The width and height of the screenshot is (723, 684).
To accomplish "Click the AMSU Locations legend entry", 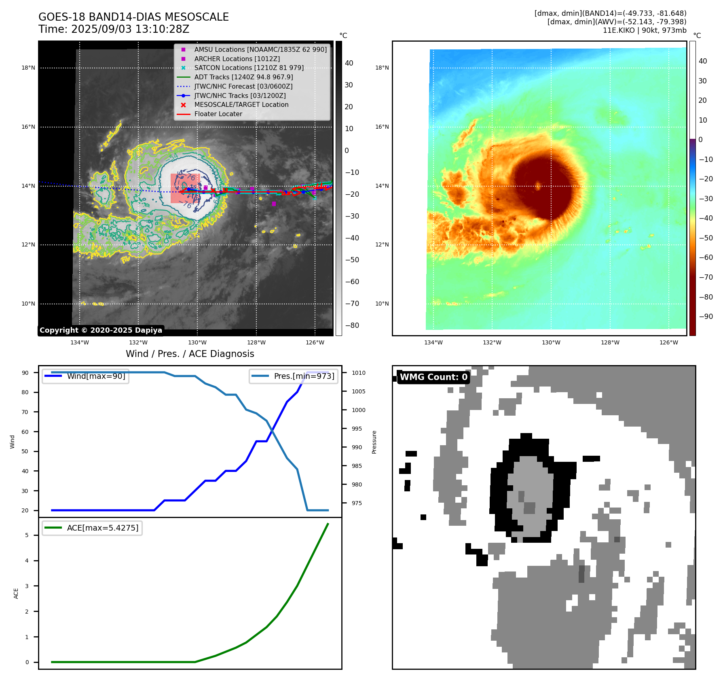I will pyautogui.click(x=260, y=49).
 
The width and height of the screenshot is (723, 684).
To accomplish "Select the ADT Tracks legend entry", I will pyautogui.click(x=243, y=77).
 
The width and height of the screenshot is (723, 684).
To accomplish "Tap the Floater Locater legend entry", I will pyautogui.click(x=218, y=114).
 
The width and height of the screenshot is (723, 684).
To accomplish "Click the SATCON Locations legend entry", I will pyautogui.click(x=249, y=68).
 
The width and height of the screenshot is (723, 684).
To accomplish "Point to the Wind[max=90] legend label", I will pyautogui.click(x=96, y=376).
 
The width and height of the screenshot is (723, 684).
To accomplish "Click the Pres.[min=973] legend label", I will pyautogui.click(x=304, y=376).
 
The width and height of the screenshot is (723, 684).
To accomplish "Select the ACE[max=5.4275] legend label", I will pyautogui.click(x=102, y=528).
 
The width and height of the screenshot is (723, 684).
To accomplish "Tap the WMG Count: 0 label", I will pyautogui.click(x=433, y=377).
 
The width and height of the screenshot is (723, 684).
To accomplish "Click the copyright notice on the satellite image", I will pyautogui.click(x=101, y=330).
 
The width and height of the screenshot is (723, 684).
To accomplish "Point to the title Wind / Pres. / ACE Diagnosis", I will pyautogui.click(x=190, y=354).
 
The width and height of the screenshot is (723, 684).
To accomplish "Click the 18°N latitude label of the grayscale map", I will pyautogui.click(x=28, y=68).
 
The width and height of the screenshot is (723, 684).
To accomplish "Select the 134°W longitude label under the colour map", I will pyautogui.click(x=433, y=342).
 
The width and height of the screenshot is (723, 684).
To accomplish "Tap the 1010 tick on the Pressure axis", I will pyautogui.click(x=358, y=373).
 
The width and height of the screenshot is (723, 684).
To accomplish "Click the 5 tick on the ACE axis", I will pyautogui.click(x=27, y=535).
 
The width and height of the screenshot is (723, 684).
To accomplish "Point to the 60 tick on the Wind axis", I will pyautogui.click(x=25, y=431).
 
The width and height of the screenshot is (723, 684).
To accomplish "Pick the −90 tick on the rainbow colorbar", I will pyautogui.click(x=706, y=317).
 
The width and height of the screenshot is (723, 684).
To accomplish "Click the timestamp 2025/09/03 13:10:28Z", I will pyautogui.click(x=130, y=29).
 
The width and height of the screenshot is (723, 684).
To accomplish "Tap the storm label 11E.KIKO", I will pyautogui.click(x=619, y=30).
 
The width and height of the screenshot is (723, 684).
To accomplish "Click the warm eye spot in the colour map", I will pyautogui.click(x=538, y=186).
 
